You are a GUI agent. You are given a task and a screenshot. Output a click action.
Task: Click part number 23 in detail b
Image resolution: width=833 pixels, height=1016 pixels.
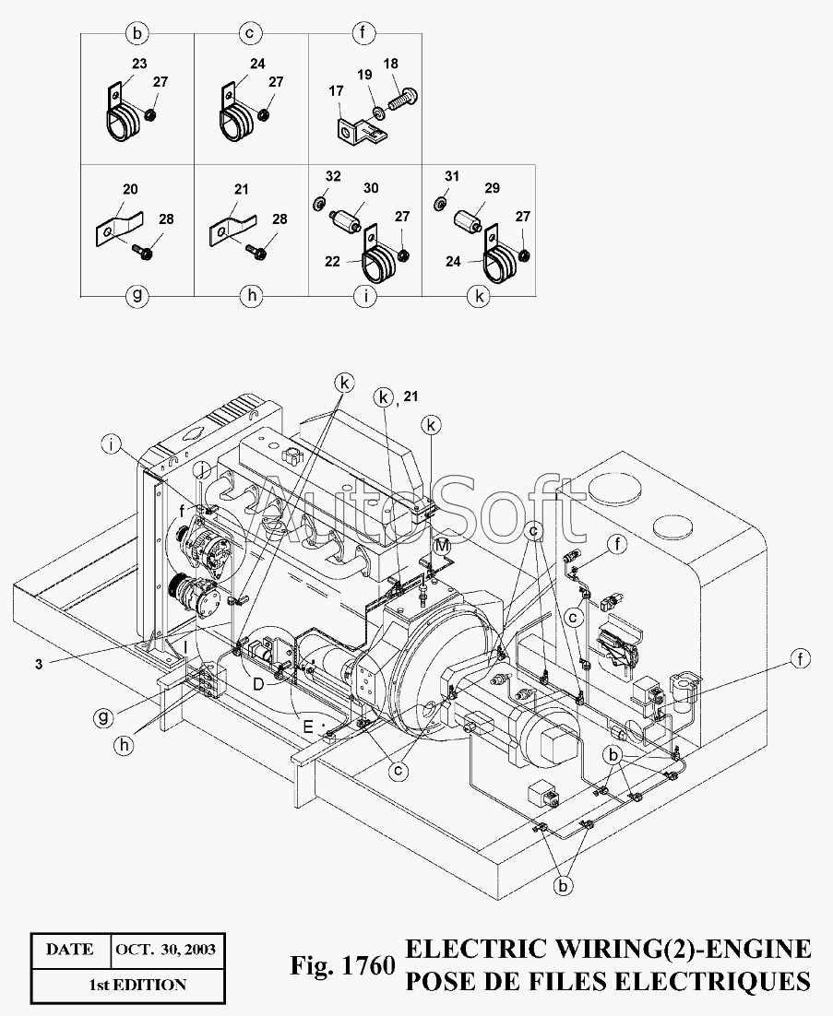click(138, 65)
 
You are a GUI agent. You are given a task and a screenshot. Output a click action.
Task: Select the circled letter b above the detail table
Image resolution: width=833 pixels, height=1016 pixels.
click(137, 35)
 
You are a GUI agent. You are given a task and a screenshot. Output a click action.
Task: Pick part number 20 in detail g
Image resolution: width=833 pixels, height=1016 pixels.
click(130, 189)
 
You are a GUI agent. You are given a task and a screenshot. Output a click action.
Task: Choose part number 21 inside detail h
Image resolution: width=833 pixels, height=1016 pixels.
click(243, 189)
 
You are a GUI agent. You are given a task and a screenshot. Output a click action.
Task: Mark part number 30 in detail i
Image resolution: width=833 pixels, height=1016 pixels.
click(370, 187)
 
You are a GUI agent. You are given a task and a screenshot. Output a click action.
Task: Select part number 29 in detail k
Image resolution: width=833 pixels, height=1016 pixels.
click(492, 187)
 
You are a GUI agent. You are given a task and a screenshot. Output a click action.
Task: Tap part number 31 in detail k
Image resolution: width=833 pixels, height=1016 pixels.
click(451, 175)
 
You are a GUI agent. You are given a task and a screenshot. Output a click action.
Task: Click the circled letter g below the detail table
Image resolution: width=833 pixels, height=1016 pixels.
click(137, 297)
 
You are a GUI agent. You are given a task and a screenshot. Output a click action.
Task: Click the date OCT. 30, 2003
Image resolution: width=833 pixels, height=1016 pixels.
click(166, 949)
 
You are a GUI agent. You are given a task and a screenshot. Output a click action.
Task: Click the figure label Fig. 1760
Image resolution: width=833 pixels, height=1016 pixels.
click(342, 966)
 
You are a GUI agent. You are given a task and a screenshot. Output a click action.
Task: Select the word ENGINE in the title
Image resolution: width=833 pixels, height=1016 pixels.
click(750, 950)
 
